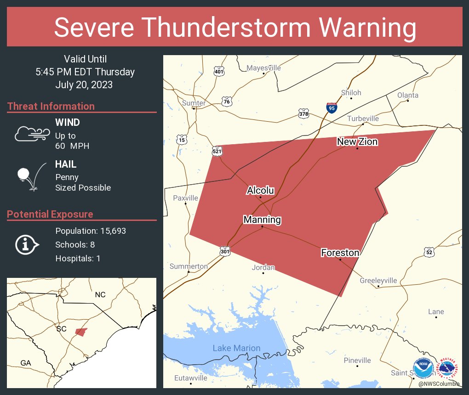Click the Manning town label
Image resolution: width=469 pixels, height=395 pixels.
click(x=262, y=220)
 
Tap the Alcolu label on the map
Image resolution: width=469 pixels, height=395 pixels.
click(x=260, y=190)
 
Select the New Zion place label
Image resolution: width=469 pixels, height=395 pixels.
click(x=357, y=141)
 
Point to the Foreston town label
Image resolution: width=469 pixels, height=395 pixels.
click(x=340, y=253)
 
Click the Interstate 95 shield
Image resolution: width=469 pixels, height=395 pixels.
click(x=332, y=108)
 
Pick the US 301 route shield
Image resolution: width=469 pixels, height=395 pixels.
click(x=225, y=251)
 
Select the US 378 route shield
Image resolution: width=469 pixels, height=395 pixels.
click(x=303, y=113)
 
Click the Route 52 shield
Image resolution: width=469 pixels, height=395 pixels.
click(x=429, y=251)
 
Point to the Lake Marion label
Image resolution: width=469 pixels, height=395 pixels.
click(x=236, y=348)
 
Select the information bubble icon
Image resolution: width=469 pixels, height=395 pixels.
click(x=27, y=244)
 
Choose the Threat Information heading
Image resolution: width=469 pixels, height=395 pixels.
click(x=51, y=106)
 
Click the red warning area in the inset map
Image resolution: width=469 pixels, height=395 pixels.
click(x=81, y=332)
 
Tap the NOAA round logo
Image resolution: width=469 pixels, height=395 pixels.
click(x=423, y=368)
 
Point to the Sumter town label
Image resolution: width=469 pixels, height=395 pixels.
click(x=194, y=103)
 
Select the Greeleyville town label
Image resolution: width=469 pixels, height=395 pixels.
click(x=378, y=280)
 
